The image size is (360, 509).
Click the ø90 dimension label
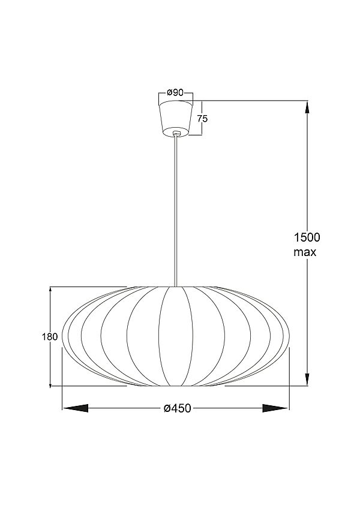[x=175, y=93]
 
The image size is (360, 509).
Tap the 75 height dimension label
[x=202, y=119]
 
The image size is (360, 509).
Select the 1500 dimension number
[x=307, y=237]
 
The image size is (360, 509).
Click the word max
[x=305, y=252]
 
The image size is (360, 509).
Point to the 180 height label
[x=50, y=336]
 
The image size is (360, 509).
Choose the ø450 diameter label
[x=178, y=408]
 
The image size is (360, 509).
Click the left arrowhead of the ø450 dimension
[x=76, y=408]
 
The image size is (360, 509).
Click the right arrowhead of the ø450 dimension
[x=275, y=408]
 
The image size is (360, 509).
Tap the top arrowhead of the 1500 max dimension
[x=307, y=107]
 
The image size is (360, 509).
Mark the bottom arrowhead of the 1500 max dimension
[x=307, y=380]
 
